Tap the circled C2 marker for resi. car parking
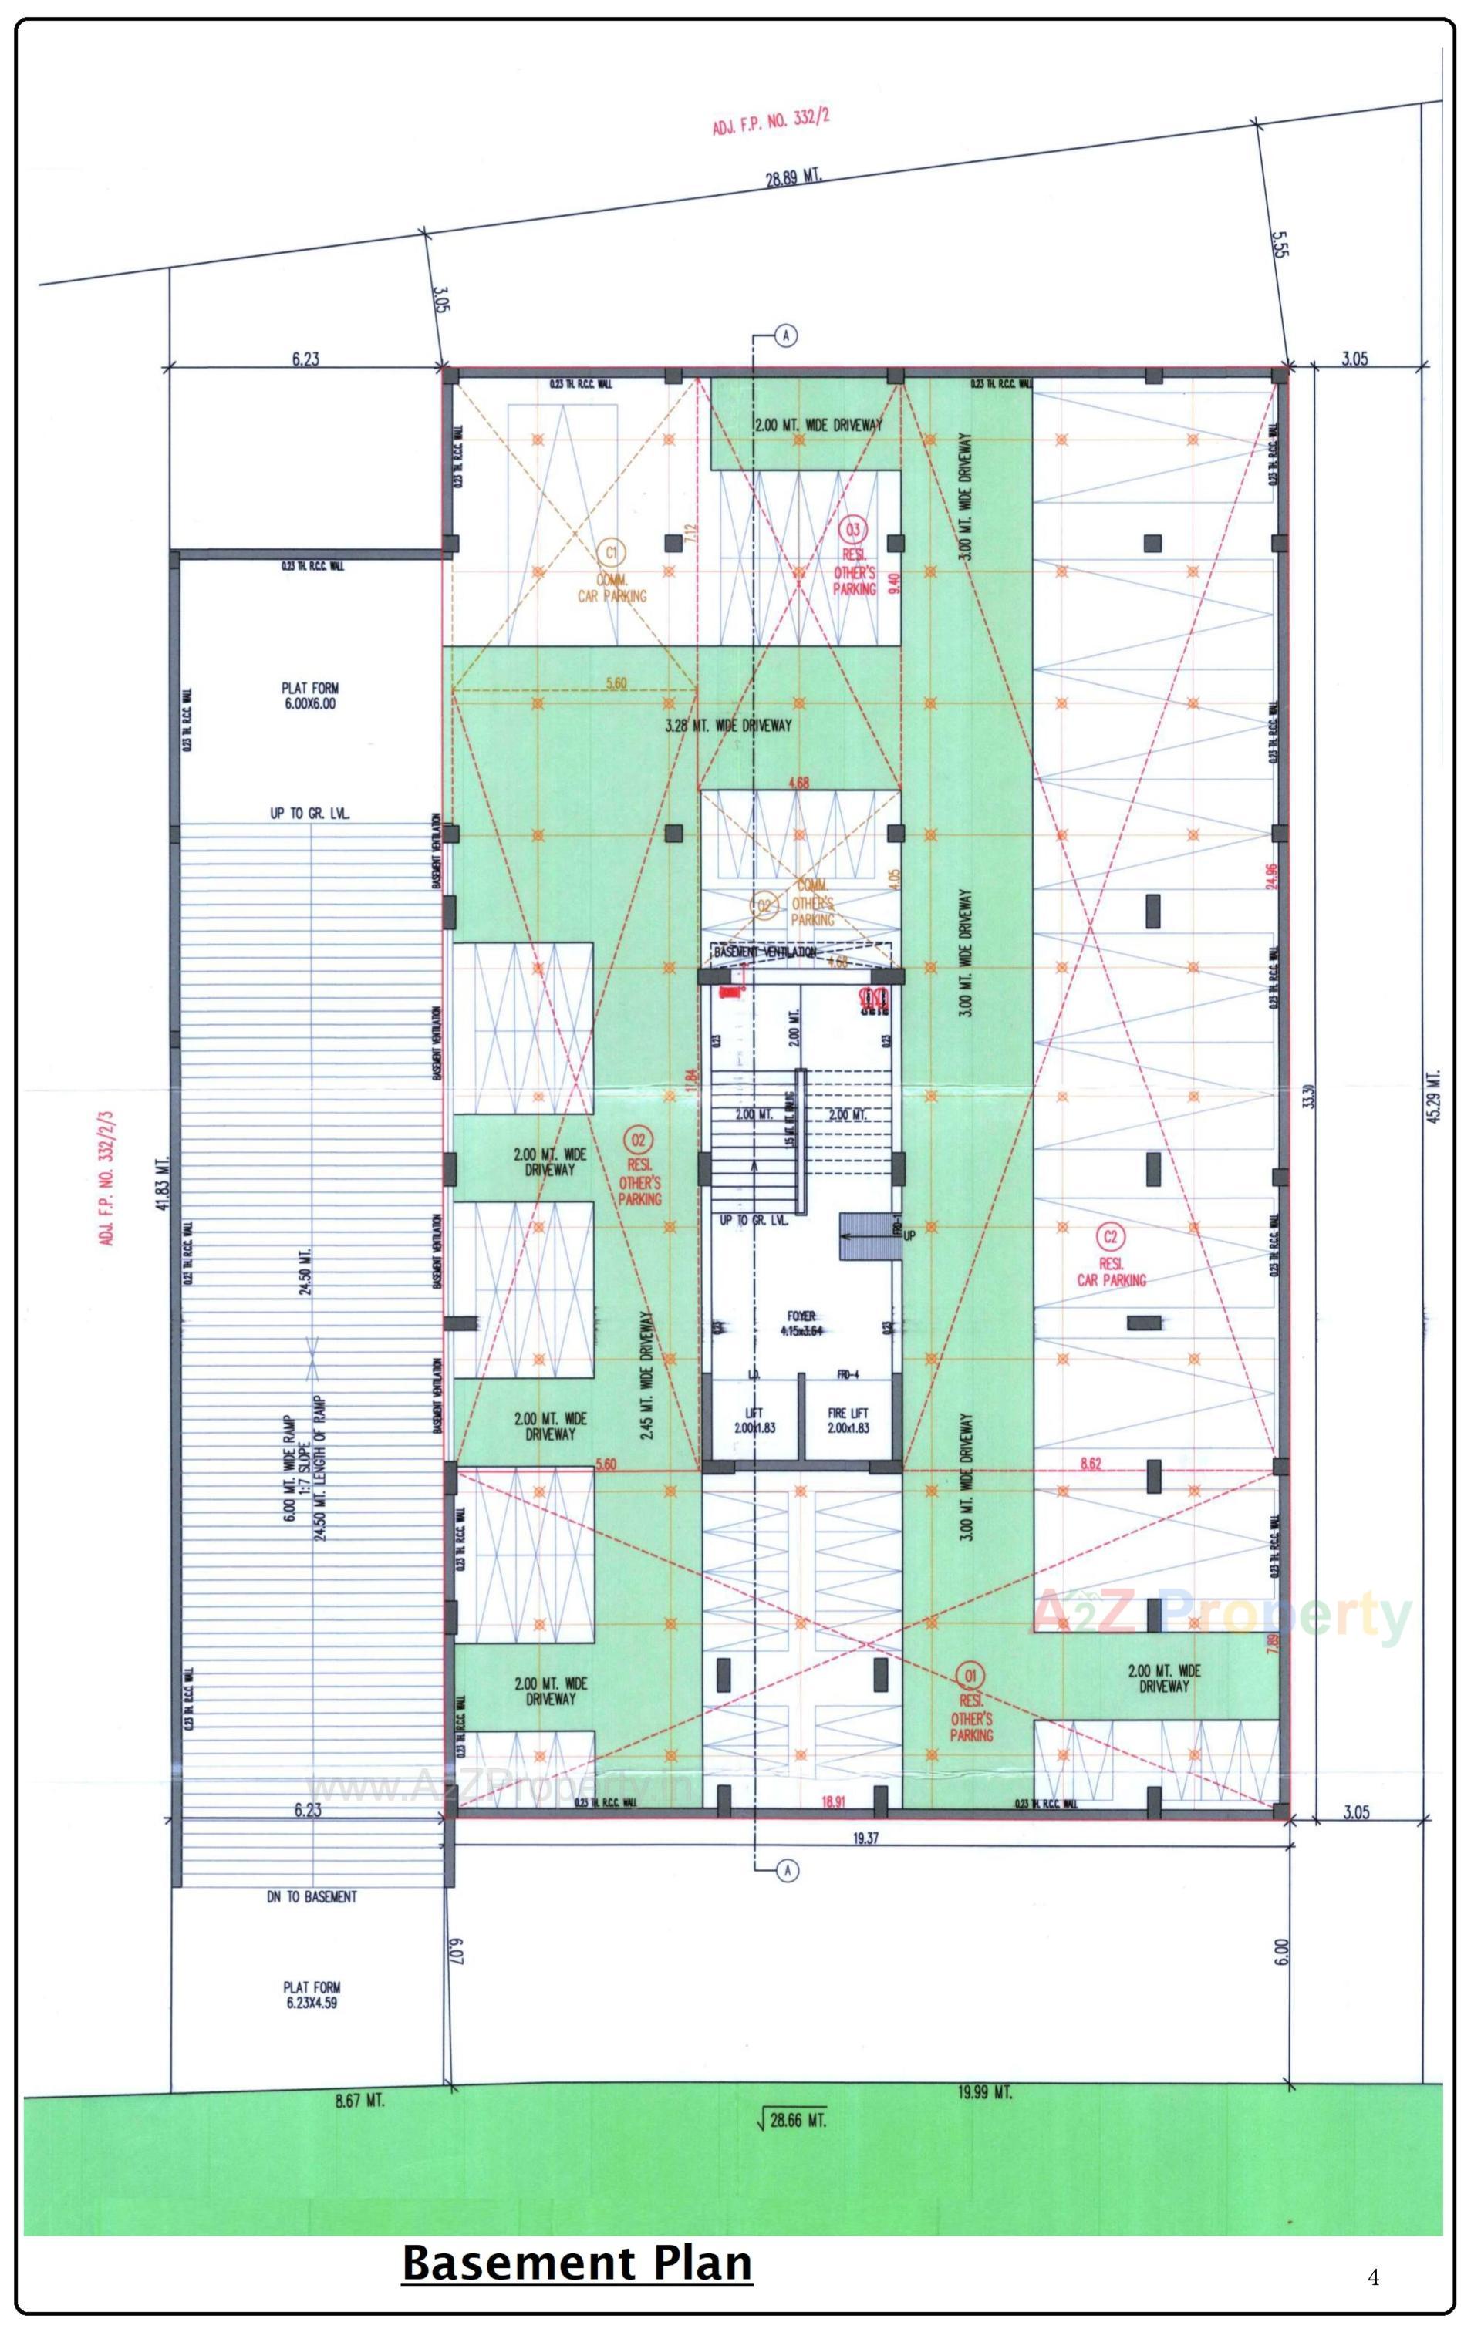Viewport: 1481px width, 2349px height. (1110, 1237)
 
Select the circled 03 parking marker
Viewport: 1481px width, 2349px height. (852, 530)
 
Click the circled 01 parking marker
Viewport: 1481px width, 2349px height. (970, 1676)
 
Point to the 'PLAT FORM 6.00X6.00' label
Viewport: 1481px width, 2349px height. (311, 696)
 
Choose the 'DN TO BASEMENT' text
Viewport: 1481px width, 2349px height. (311, 1897)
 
